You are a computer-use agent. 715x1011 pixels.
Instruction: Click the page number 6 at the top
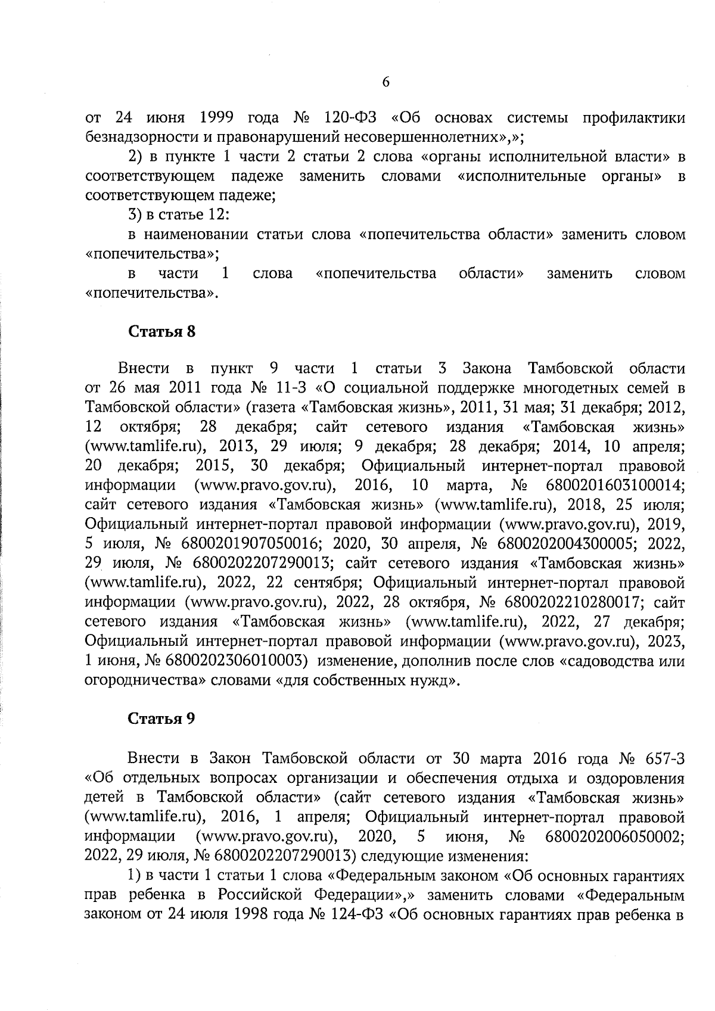pyautogui.click(x=386, y=82)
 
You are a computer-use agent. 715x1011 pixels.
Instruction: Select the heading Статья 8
pyautogui.click(x=162, y=332)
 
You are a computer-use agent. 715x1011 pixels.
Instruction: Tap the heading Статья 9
pyautogui.click(x=162, y=718)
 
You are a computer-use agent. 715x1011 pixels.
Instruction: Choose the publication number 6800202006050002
pyautogui.click(x=614, y=836)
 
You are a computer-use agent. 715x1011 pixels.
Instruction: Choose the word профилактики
pyautogui.click(x=633, y=117)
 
